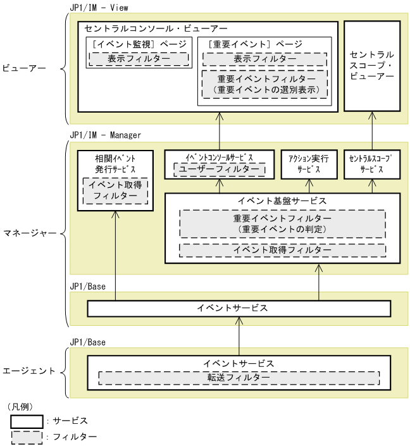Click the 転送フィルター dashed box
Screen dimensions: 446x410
[239, 378]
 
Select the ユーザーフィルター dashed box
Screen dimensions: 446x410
[219, 170]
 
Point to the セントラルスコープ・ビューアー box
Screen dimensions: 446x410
[372, 66]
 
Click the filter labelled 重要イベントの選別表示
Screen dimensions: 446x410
[264, 84]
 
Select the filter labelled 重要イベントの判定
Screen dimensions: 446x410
[282, 223]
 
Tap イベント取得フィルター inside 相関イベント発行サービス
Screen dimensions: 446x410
[115, 190]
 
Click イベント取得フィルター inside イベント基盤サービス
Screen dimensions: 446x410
[282, 250]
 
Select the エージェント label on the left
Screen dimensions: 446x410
[29, 371]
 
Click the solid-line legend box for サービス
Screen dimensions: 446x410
[26, 421]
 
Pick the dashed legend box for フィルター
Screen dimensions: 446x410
[26, 437]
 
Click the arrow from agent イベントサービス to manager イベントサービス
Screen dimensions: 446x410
[239, 336]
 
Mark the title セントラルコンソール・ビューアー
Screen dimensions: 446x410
[155, 28]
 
